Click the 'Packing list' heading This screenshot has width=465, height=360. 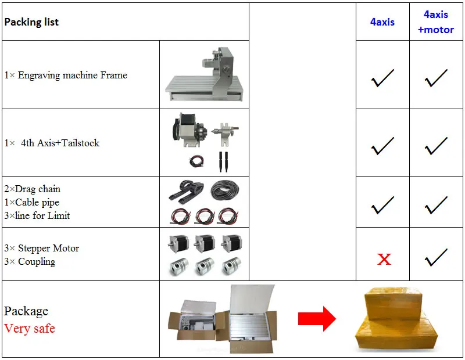[31, 22]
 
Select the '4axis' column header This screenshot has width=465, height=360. [382, 22]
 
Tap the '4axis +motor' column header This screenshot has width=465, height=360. [436, 22]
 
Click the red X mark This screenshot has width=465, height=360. [384, 259]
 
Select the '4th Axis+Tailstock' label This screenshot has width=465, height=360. [60, 143]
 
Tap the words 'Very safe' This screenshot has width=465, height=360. [30, 329]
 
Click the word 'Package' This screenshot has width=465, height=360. [26, 311]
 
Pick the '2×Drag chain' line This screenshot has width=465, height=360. [33, 189]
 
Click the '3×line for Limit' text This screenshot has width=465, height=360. [37, 215]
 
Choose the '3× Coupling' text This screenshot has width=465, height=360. [30, 261]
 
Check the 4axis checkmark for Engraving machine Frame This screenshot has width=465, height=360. [382, 77]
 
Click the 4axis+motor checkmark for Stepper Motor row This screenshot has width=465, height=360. [436, 256]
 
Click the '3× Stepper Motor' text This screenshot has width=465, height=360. [42, 248]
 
